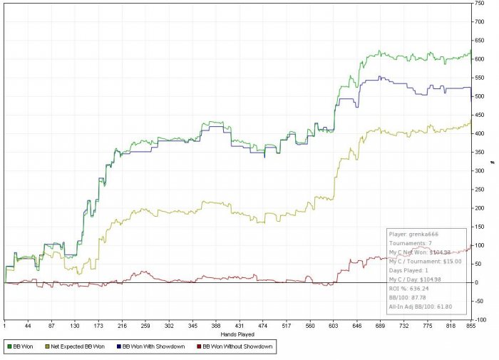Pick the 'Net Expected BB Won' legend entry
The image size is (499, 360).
tap(76, 347)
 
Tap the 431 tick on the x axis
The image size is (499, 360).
tap(308, 325)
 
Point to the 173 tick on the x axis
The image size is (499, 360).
tap(123, 325)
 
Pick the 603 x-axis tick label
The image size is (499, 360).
tap(431, 325)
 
